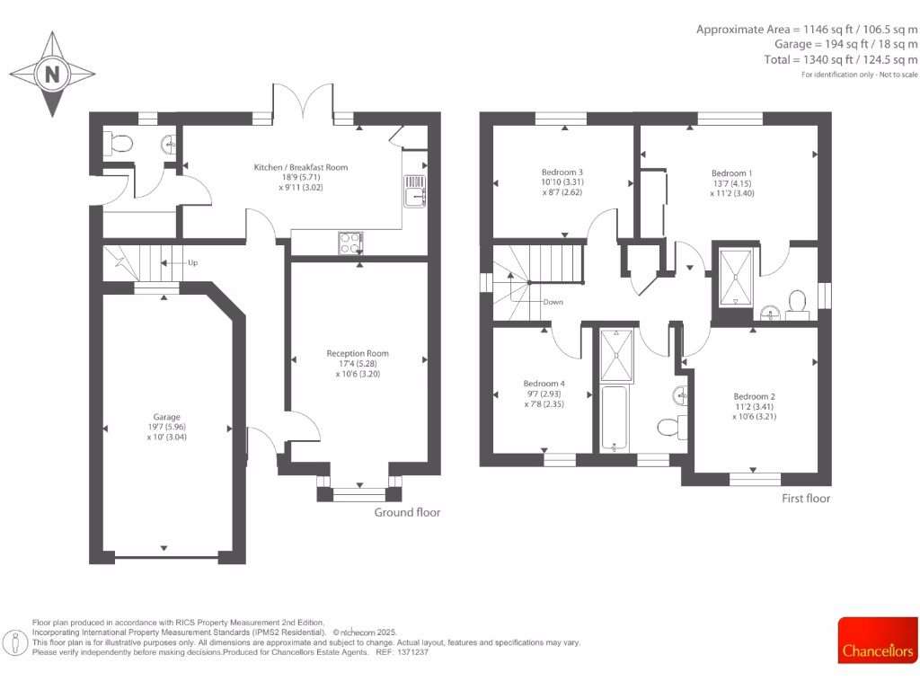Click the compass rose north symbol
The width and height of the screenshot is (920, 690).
click(x=53, y=74)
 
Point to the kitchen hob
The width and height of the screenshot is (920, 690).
click(x=349, y=243)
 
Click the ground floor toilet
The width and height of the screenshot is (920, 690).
click(x=119, y=142)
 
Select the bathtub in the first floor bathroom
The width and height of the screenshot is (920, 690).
click(x=616, y=419)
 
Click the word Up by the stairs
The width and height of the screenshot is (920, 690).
click(x=193, y=263)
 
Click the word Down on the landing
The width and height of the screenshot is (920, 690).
click(x=553, y=302)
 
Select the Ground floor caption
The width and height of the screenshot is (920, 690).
click(x=407, y=512)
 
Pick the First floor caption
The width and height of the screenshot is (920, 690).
click(x=805, y=499)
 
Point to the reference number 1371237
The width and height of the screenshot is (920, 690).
click(x=413, y=651)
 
